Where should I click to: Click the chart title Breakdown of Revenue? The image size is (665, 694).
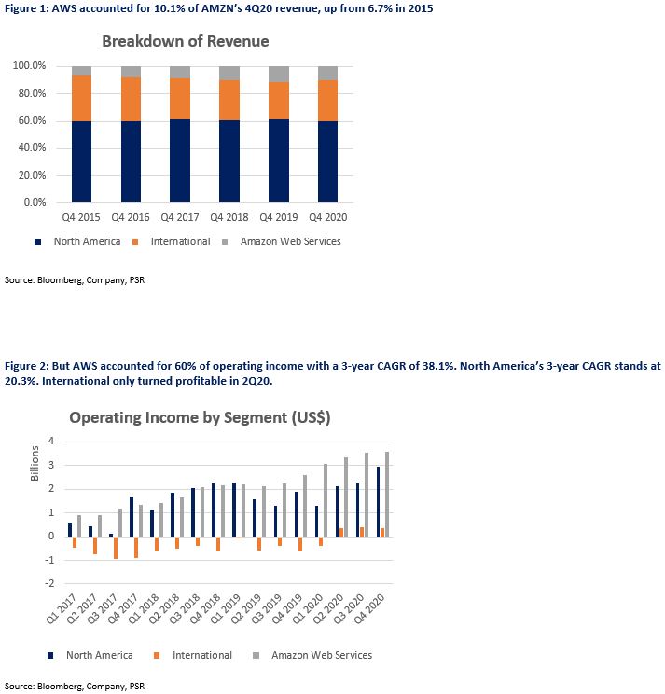[186, 41]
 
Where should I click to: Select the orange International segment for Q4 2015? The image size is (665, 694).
[81, 98]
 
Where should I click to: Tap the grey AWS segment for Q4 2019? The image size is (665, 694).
[279, 74]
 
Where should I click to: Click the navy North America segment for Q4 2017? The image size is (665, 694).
[180, 160]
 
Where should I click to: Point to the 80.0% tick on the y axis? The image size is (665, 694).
[32, 93]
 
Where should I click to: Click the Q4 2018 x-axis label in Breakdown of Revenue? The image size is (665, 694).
[229, 217]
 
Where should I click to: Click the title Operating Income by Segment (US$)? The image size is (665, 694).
[200, 417]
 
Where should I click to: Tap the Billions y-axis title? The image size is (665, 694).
[35, 463]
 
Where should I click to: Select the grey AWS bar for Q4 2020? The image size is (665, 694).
[387, 495]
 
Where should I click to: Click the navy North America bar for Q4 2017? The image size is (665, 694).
[132, 516]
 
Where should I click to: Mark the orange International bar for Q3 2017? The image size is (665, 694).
[116, 548]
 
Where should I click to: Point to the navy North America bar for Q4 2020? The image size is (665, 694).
[378, 502]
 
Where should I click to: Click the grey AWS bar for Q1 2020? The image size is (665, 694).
[326, 500]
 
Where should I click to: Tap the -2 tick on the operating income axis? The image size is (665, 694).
[49, 583]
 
